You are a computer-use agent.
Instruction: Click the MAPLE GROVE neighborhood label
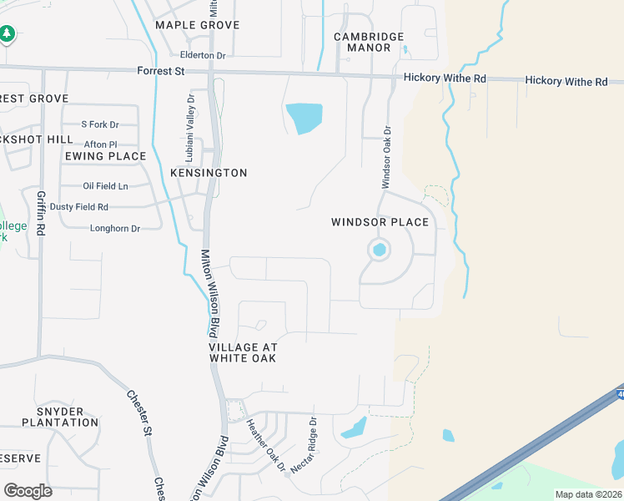pyautogui.click(x=197, y=25)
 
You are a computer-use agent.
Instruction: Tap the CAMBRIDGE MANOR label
pyautogui.click(x=369, y=42)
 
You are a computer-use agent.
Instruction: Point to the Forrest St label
pyautogui.click(x=161, y=72)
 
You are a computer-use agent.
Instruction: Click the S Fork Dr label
pyautogui.click(x=100, y=124)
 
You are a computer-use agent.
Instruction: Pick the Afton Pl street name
pyautogui.click(x=101, y=144)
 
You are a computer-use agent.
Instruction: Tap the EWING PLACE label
pyautogui.click(x=105, y=156)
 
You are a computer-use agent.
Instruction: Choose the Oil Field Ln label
pyautogui.click(x=106, y=186)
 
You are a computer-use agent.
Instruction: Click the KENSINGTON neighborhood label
pyautogui.click(x=209, y=173)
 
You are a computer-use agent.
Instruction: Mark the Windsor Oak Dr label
pyautogui.click(x=386, y=156)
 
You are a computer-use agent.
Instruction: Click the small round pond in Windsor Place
pyautogui.click(x=380, y=249)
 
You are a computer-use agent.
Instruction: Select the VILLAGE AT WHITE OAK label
pyautogui.click(x=242, y=352)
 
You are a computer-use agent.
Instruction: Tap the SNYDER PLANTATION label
pyautogui.click(x=67, y=417)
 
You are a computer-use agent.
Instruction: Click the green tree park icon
pyautogui.click(x=8, y=34)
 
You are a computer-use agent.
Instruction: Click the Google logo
pyautogui.click(x=28, y=490)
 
